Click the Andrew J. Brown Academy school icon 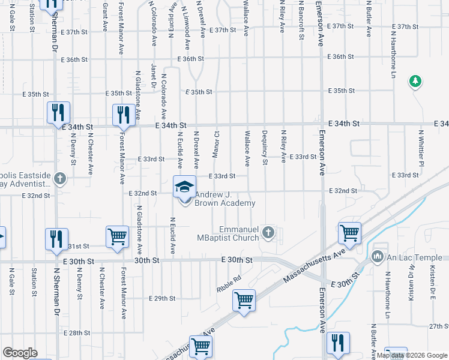[x=185, y=187]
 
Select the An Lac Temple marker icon [x=378, y=257]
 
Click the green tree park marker [x=415, y=81]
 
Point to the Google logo [x=20, y=353]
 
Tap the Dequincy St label [x=265, y=148]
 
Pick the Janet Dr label [x=154, y=76]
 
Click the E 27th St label [x=438, y=326]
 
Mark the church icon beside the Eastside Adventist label [x=59, y=178]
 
